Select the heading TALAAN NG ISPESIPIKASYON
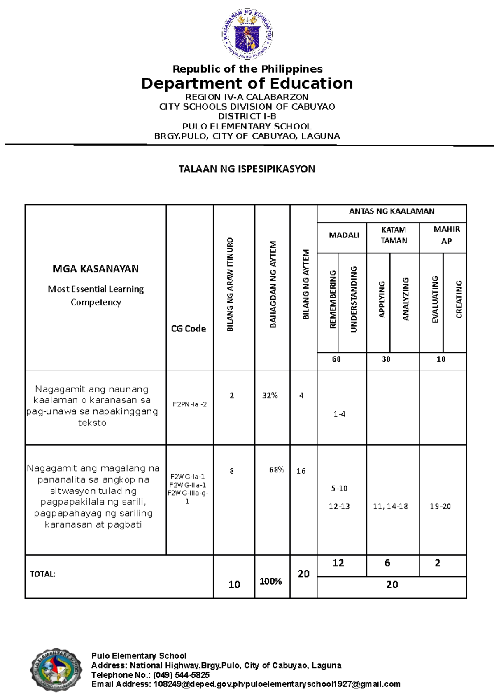pos(247,169)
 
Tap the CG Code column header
pos(189,329)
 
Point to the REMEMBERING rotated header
pos(333,299)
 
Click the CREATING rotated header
pos(459,299)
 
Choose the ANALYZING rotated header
pos(405,299)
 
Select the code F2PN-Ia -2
pos(190,404)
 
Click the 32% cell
pos(270,396)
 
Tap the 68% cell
pos(277,470)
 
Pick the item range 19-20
pos(440,507)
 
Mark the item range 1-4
pos(339,414)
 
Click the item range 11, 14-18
pos(390,507)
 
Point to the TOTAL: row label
pos(42,574)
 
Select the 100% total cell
pos(270,581)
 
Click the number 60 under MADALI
pos(336,359)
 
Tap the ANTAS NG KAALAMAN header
pos(391,211)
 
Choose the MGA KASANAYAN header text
pos(96,269)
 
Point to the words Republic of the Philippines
pos(247,69)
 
